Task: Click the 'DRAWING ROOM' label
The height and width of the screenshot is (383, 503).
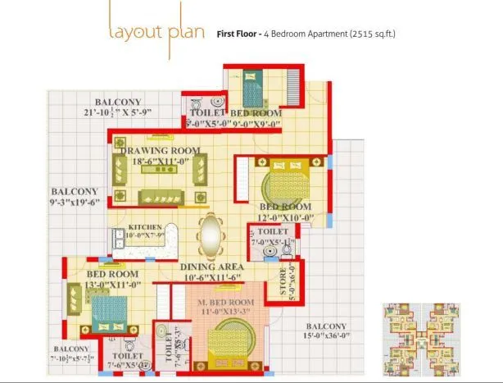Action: coord(161,151)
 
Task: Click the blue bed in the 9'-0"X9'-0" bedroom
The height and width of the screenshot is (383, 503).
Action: coord(248,83)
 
